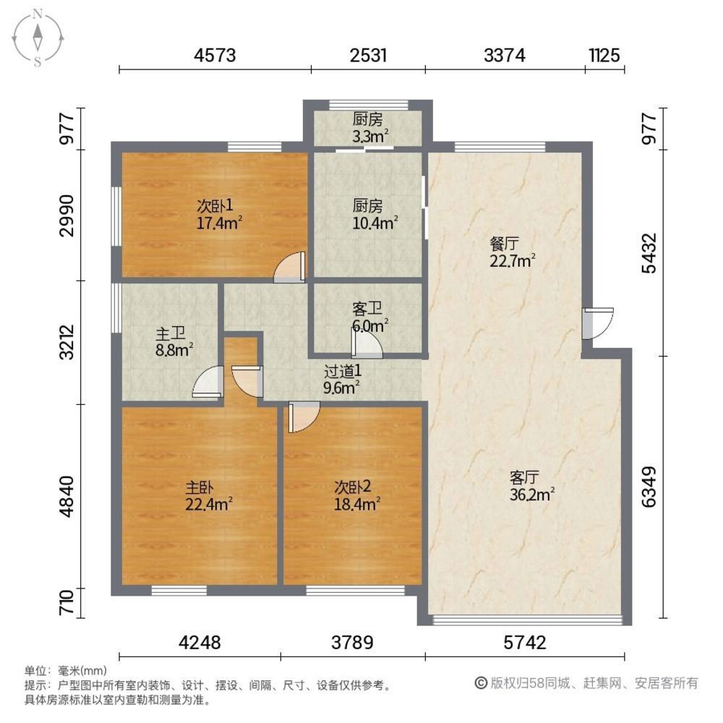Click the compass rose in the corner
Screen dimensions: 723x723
[38, 38]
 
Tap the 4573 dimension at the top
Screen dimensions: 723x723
[215, 56]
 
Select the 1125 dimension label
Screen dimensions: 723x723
[604, 56]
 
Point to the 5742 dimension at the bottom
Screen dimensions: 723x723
[525, 642]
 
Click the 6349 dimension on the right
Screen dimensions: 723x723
[649, 487]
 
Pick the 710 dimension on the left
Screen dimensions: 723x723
[67, 602]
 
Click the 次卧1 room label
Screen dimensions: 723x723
[215, 205]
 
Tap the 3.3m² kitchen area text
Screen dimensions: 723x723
[370, 136]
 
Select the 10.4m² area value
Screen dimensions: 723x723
[375, 223]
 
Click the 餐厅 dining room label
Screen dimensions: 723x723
[505, 243]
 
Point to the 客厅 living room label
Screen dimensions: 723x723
[525, 476]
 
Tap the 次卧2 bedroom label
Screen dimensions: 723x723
[353, 487]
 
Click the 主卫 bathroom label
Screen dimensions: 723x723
[170, 333]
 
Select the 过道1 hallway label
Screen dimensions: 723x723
[343, 371]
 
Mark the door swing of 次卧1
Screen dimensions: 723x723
[290, 267]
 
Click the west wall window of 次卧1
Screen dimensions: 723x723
[117, 215]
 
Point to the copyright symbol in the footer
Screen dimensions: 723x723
[481, 683]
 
